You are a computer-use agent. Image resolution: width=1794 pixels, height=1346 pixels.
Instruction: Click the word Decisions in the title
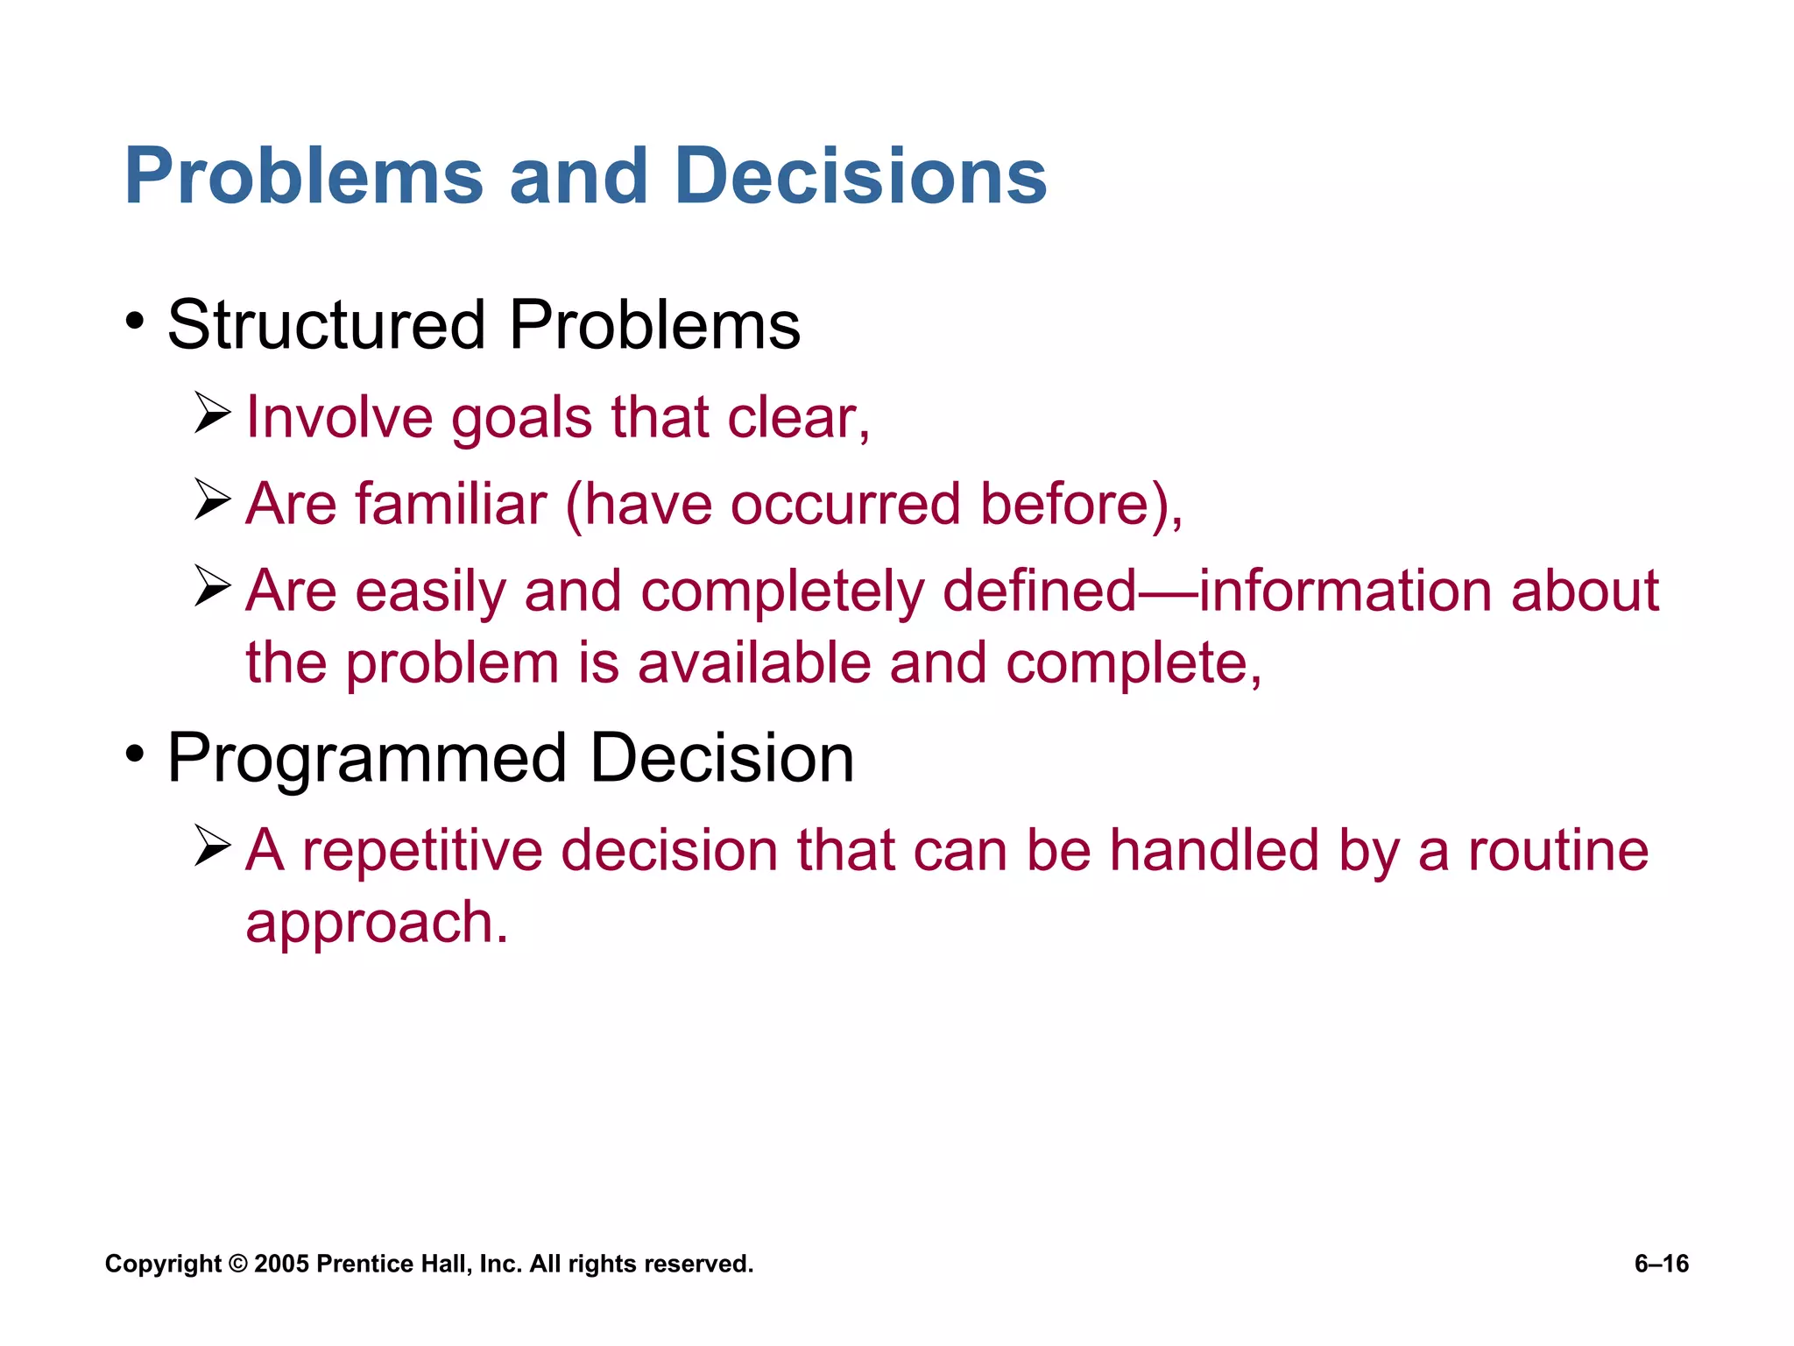pyautogui.click(x=860, y=177)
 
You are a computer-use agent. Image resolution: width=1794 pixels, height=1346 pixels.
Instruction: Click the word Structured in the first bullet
pyautogui.click(x=326, y=325)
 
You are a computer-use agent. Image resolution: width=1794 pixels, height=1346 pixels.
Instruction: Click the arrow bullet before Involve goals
pyautogui.click(x=212, y=414)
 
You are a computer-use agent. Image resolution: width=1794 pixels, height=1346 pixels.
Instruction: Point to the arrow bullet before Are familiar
pyautogui.click(x=212, y=500)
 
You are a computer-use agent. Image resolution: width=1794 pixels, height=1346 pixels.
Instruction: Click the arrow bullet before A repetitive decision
pyautogui.click(x=212, y=847)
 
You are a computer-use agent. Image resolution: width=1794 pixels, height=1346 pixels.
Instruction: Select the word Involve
pyautogui.click(x=339, y=417)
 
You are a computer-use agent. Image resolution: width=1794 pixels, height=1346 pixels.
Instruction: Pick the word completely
pyautogui.click(x=782, y=592)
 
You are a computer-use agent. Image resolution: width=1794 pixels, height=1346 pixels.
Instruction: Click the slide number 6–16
pyautogui.click(x=1661, y=1264)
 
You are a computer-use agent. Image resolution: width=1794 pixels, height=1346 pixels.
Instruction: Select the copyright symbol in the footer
pyautogui.click(x=237, y=1264)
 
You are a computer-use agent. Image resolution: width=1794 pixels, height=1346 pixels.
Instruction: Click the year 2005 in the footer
pyautogui.click(x=281, y=1264)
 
